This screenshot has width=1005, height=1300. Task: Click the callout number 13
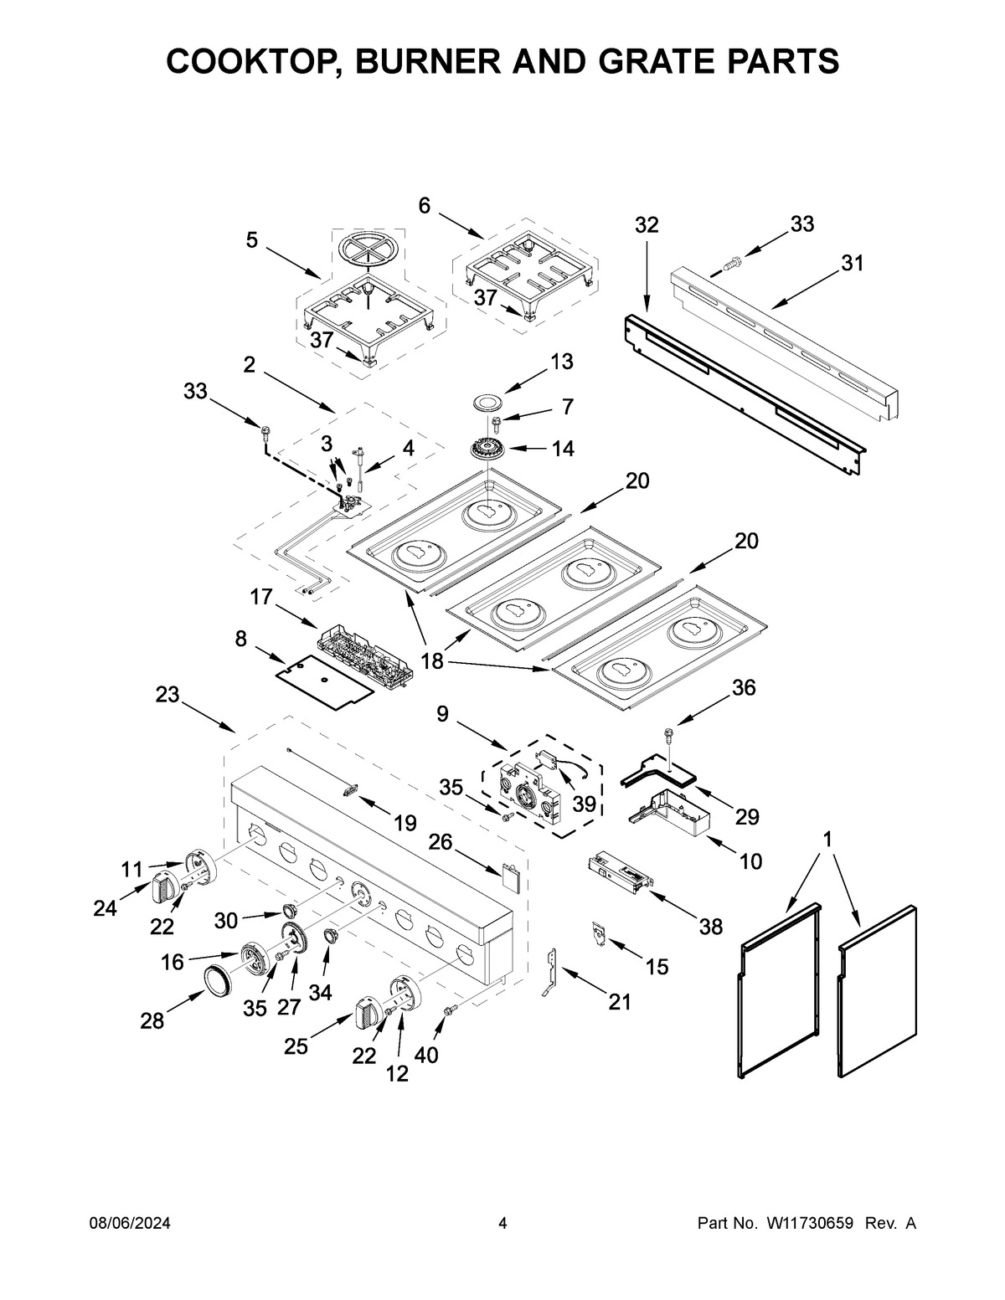tap(561, 361)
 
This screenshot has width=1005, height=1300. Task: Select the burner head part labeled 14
tap(489, 449)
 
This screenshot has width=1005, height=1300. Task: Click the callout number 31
tap(852, 263)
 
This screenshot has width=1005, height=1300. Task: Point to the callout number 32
tap(646, 225)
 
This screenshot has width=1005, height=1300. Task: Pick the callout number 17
tap(260, 597)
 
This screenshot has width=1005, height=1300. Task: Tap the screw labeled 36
tap(668, 735)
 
